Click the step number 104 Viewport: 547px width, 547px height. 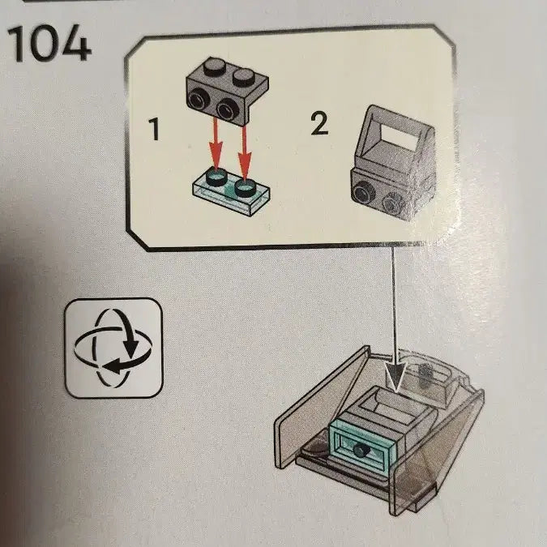pyautogui.click(x=49, y=45)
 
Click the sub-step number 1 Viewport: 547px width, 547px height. pyautogui.click(x=154, y=129)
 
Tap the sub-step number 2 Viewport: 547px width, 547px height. pyautogui.click(x=319, y=123)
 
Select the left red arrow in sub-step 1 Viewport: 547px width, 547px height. pyautogui.click(x=216, y=144)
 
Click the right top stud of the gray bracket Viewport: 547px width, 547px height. pyautogui.click(x=244, y=77)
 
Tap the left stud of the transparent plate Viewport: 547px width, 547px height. pyautogui.click(x=216, y=177)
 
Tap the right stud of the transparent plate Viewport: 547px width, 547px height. pyautogui.click(x=246, y=187)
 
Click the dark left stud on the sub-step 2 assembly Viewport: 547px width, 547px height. pyautogui.click(x=364, y=191)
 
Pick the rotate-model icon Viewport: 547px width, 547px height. pyautogui.click(x=113, y=348)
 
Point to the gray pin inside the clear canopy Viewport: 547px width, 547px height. pyautogui.click(x=425, y=374)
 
